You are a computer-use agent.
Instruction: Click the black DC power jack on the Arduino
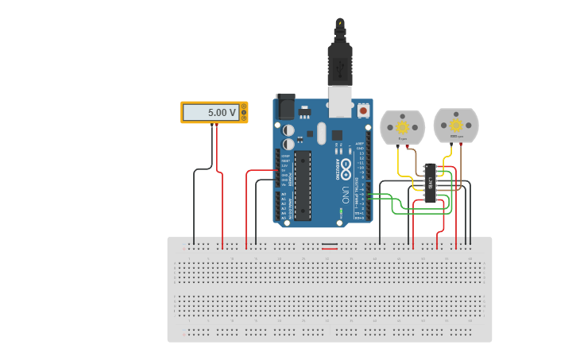[284, 106]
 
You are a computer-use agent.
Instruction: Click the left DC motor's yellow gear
[402, 127]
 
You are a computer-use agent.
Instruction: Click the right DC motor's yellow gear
[456, 126]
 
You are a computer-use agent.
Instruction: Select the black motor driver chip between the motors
[430, 183]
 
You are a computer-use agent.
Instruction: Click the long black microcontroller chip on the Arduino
[303, 185]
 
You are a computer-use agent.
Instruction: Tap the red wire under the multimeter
[222, 191]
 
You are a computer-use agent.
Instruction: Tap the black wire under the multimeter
[195, 199]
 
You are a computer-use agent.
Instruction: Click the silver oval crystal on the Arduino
[321, 133]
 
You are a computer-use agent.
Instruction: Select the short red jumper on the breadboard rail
[329, 249]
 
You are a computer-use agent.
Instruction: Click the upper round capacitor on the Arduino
[288, 130]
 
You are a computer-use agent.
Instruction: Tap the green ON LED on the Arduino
[341, 212]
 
